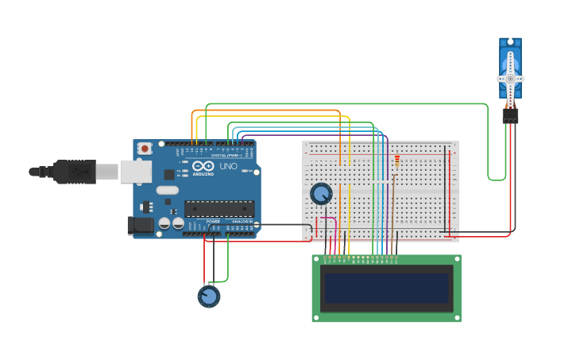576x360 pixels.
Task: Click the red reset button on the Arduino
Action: coord(145,148)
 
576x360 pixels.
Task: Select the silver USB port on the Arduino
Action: coord(136,171)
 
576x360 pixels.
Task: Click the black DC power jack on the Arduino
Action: coord(141,226)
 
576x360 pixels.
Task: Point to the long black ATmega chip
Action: coord(219,208)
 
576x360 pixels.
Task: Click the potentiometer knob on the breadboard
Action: coord(321,194)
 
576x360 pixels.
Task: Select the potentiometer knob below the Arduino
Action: coord(208,296)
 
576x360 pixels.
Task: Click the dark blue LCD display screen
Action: coord(386,288)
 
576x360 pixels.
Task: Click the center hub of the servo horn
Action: coord(510,78)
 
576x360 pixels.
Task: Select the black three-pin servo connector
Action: coord(510,116)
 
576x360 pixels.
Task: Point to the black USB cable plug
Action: coord(75,171)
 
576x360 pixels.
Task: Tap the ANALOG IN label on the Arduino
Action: coord(242,222)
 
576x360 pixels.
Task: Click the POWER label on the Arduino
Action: coord(213,222)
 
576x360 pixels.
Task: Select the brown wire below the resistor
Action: coord(396,215)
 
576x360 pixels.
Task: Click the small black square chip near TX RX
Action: coord(169,174)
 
